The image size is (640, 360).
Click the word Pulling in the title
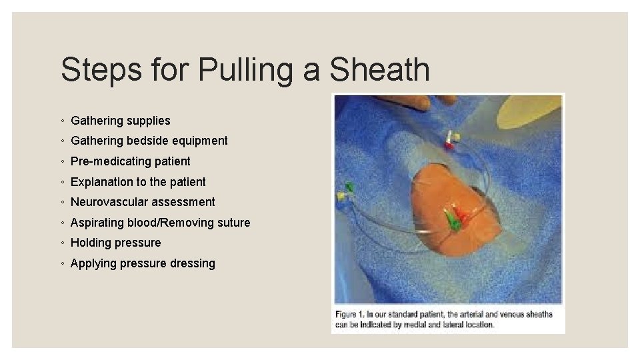tap(242, 70)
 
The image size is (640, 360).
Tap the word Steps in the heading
tap(101, 70)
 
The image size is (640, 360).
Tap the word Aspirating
tap(97, 222)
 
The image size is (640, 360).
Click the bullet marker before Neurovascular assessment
tap(62, 202)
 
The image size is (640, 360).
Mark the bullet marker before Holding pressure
tap(62, 243)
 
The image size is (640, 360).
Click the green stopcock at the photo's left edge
tap(349, 187)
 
